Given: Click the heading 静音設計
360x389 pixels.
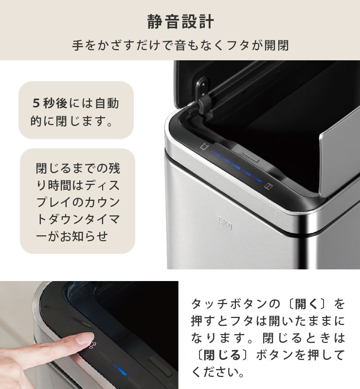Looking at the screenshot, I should pos(180,22).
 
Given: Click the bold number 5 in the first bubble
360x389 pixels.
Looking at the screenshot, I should pos(35,104).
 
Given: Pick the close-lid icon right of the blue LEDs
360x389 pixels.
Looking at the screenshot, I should pos(267,185).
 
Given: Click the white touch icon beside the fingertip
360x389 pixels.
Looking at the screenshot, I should pos(99,346).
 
